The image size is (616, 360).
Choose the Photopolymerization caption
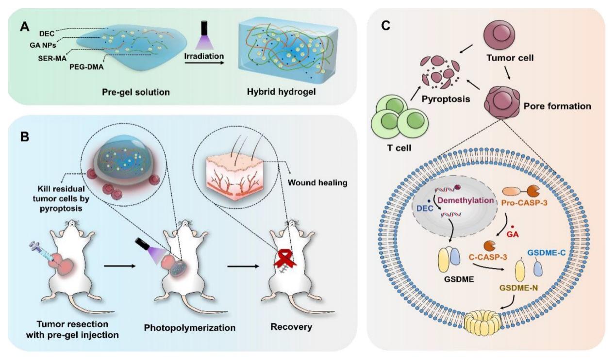point(189,328)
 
